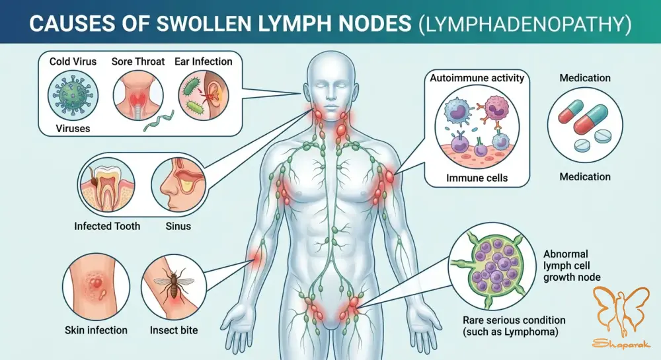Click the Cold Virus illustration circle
73,96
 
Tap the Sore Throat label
138,61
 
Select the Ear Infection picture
204,96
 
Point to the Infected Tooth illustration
107,185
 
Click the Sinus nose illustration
178,185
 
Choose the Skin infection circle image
96,287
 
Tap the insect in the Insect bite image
173,284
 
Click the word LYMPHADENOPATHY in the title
525,24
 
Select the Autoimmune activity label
477,78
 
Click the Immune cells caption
477,178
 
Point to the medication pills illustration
585,126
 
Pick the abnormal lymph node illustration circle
492,266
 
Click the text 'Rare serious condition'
514,320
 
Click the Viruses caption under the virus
73,128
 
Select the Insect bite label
174,330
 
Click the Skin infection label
96,330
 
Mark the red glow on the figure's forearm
255,258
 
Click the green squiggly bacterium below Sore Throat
159,121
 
